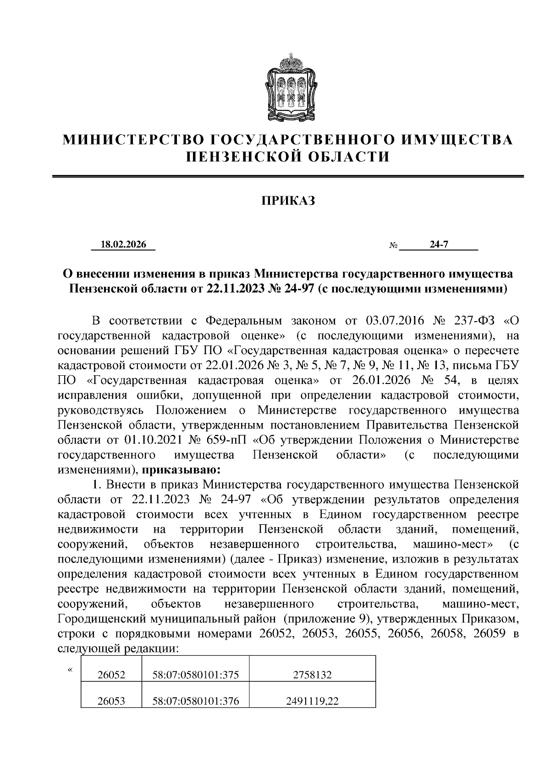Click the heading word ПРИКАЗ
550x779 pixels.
[288, 200]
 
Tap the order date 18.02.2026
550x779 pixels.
[123, 245]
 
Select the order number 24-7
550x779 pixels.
[439, 245]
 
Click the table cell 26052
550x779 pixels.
[111, 675]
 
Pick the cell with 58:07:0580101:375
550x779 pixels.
[196, 675]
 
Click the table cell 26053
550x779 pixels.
[111, 701]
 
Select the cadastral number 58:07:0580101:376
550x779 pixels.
[196, 701]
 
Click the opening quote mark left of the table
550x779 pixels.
[70, 670]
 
